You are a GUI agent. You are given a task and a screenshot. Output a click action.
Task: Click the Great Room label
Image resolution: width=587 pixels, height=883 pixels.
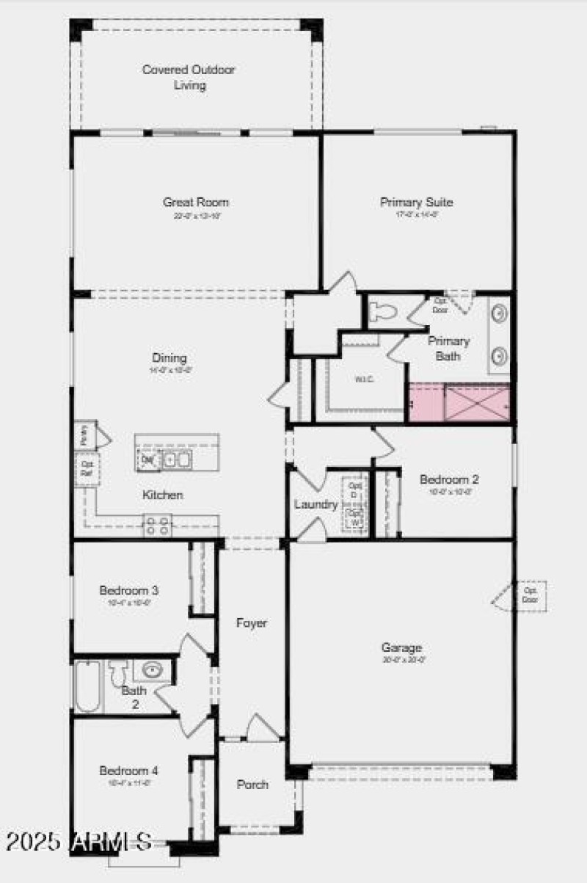click(x=196, y=202)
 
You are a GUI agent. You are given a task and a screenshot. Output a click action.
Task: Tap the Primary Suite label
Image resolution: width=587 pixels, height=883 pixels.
click(x=416, y=202)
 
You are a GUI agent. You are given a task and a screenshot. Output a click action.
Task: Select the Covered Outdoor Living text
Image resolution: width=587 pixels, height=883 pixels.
click(x=189, y=77)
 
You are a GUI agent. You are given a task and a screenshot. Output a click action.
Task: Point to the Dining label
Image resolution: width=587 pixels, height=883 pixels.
click(x=169, y=357)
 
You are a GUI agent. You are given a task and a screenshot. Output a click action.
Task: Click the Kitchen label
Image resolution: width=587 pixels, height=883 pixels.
click(x=163, y=495)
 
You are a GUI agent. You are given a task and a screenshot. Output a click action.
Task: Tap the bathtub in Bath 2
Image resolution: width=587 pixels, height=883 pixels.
click(x=87, y=686)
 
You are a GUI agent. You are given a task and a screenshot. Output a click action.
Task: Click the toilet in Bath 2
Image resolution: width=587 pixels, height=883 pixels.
click(x=118, y=672)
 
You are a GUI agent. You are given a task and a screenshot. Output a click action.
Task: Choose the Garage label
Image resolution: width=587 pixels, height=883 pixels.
click(x=401, y=647)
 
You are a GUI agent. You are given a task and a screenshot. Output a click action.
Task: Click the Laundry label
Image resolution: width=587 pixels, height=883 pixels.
click(x=316, y=504)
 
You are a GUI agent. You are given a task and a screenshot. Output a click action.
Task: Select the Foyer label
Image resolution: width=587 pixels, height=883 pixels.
click(x=251, y=623)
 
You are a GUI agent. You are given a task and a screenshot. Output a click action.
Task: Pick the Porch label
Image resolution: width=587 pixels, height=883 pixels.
click(x=252, y=785)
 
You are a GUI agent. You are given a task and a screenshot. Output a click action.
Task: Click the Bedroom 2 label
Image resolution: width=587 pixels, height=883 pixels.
click(x=449, y=479)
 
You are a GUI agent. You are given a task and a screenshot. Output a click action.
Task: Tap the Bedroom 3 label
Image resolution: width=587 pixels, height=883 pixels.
click(x=130, y=590)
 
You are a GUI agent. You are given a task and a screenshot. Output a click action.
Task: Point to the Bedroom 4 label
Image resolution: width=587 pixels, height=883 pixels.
click(x=129, y=771)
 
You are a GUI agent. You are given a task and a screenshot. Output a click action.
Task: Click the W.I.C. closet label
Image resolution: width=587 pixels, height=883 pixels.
click(x=365, y=379)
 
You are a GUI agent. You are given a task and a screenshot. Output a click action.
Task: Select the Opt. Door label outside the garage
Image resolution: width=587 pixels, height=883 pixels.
click(x=530, y=595)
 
